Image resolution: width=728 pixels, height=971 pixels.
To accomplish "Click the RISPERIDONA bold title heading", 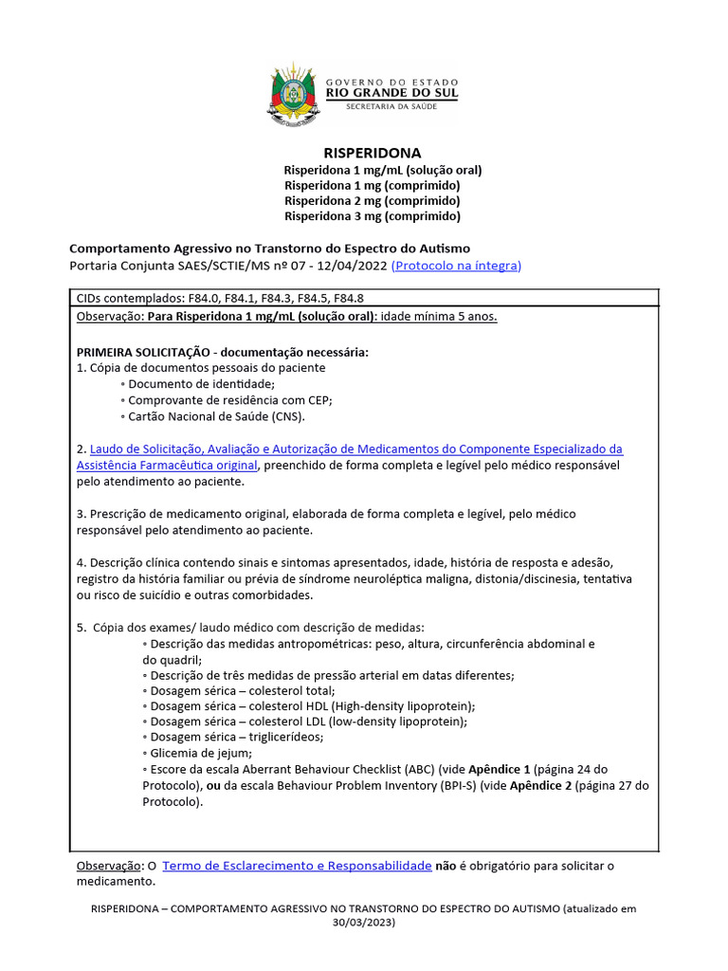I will click(x=373, y=153).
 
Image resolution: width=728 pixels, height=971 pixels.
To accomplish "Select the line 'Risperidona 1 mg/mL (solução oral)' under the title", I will click(x=383, y=170).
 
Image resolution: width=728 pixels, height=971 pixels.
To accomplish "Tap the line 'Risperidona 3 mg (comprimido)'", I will click(x=373, y=215).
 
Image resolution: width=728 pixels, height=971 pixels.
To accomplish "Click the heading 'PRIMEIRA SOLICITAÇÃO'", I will click(x=143, y=352).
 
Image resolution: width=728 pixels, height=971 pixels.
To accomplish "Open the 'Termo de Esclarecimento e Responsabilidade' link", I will click(x=298, y=866).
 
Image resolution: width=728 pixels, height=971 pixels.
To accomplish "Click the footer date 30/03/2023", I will click(x=363, y=922).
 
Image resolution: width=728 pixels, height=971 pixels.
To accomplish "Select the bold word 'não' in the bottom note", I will click(x=446, y=866).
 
